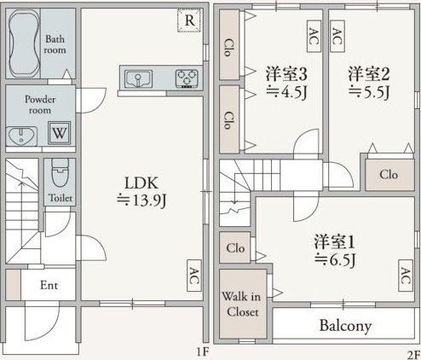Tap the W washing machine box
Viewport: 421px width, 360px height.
pos(59,133)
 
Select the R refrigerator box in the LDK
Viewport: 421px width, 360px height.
pos(189,20)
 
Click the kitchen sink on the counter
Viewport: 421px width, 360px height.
pos(137,79)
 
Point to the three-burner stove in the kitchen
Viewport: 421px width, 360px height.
pos(186,79)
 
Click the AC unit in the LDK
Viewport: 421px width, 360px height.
pos(193,276)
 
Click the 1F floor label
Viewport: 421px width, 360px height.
pos(201,351)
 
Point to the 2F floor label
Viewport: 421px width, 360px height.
pos(412,351)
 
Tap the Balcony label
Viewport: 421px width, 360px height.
pos(345,325)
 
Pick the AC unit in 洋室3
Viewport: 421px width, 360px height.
pos(314,35)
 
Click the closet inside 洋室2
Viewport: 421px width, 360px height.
pos(388,175)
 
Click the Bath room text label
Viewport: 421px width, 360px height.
pos(55,44)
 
